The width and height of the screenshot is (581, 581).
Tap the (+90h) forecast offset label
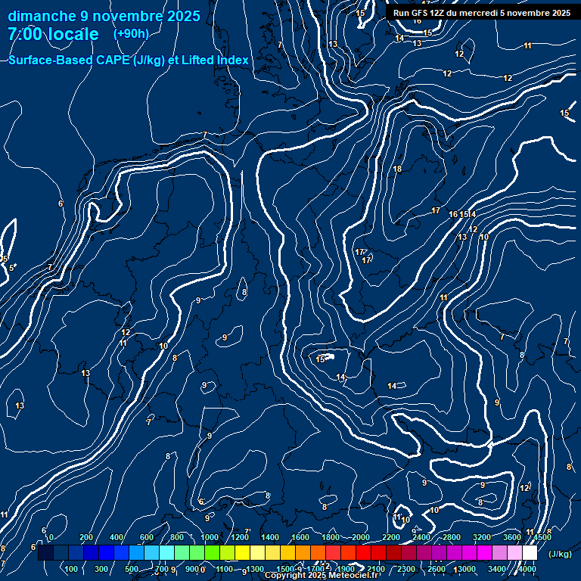(x=131, y=34)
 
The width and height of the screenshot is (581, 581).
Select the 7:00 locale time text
(x=53, y=34)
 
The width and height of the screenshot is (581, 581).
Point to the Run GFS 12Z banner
(x=482, y=13)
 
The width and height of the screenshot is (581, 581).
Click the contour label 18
(x=397, y=169)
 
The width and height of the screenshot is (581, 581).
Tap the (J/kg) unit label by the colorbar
(x=560, y=555)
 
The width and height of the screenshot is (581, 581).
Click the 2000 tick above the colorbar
(x=361, y=537)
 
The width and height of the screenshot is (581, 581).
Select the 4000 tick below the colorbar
(x=527, y=569)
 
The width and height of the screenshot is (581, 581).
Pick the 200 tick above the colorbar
(x=86, y=537)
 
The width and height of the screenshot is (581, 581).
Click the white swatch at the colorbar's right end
(x=530, y=553)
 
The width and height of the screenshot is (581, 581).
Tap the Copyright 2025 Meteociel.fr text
(x=322, y=576)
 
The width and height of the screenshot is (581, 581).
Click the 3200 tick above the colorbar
(x=482, y=537)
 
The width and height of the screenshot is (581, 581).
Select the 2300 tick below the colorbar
(x=406, y=569)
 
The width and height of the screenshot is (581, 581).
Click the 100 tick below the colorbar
(x=72, y=569)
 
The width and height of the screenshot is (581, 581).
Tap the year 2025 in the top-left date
(x=184, y=16)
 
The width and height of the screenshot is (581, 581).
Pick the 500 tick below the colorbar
(x=132, y=569)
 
